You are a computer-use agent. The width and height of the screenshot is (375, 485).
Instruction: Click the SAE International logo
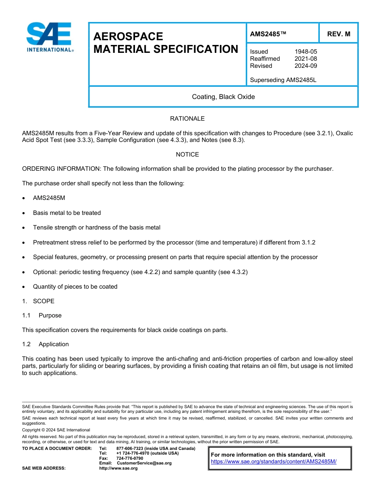(49, 37)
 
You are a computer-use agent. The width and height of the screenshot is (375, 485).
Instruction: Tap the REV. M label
(338, 34)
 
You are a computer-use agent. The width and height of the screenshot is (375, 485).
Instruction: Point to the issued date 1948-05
(306, 52)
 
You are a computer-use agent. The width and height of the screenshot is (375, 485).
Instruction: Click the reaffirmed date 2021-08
(306, 59)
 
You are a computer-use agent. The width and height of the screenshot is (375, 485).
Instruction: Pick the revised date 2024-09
(306, 66)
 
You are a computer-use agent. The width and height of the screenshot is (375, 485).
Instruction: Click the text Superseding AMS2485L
(283, 80)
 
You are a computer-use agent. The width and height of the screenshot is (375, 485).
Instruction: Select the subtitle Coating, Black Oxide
(223, 97)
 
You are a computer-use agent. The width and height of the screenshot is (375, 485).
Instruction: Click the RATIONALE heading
(187, 119)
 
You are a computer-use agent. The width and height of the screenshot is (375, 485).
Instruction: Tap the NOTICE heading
(187, 155)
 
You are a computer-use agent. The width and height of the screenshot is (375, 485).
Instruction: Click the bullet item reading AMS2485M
(49, 198)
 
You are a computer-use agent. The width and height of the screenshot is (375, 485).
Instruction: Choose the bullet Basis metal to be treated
(67, 213)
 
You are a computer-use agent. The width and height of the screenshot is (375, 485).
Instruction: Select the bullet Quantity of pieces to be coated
(75, 287)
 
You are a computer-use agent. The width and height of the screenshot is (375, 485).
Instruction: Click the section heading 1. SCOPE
(38, 301)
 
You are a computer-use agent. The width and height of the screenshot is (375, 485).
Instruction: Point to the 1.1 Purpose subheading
(42, 315)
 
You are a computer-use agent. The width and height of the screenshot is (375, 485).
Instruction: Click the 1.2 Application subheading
(45, 344)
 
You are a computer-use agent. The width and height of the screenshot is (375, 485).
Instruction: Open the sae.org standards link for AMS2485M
(274, 461)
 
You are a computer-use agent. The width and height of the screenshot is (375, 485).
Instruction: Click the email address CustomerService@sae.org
(144, 463)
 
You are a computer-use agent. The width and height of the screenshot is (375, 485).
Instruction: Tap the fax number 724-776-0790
(129, 458)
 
